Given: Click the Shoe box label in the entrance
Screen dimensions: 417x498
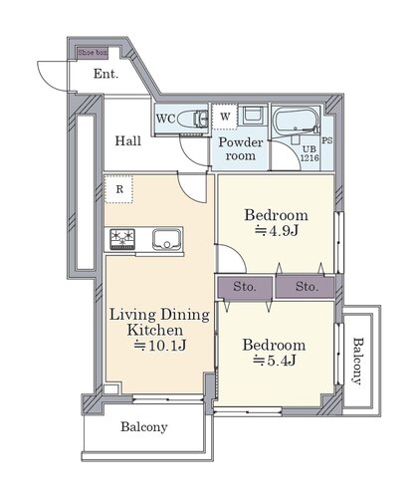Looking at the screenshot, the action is [93, 53].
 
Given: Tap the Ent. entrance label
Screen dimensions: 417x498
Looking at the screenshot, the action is [105, 74].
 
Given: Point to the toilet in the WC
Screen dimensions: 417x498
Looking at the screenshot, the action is [192, 119].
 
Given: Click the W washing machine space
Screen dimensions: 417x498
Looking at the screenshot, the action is [225, 117].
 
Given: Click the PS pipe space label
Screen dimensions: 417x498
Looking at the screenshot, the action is [327, 140].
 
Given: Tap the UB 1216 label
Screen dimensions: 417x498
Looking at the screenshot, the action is [310, 153].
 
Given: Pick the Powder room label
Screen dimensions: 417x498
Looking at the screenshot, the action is [241, 149].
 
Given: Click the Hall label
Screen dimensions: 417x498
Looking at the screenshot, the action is [128, 141].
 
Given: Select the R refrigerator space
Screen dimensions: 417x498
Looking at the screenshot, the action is [119, 189].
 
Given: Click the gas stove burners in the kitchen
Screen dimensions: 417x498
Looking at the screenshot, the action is [122, 239].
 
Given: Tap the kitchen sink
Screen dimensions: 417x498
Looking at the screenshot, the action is [167, 240].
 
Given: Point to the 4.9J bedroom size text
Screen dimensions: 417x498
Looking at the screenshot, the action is [277, 231].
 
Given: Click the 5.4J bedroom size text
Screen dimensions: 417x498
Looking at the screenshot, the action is [275, 361].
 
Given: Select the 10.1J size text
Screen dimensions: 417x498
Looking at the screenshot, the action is [160, 346].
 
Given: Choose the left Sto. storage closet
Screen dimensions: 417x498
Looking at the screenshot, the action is [245, 287].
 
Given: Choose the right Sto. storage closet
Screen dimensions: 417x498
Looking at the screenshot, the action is [306, 287].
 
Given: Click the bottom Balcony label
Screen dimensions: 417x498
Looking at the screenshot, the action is [144, 427].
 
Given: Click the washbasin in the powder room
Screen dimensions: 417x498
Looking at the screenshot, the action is [253, 116].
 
